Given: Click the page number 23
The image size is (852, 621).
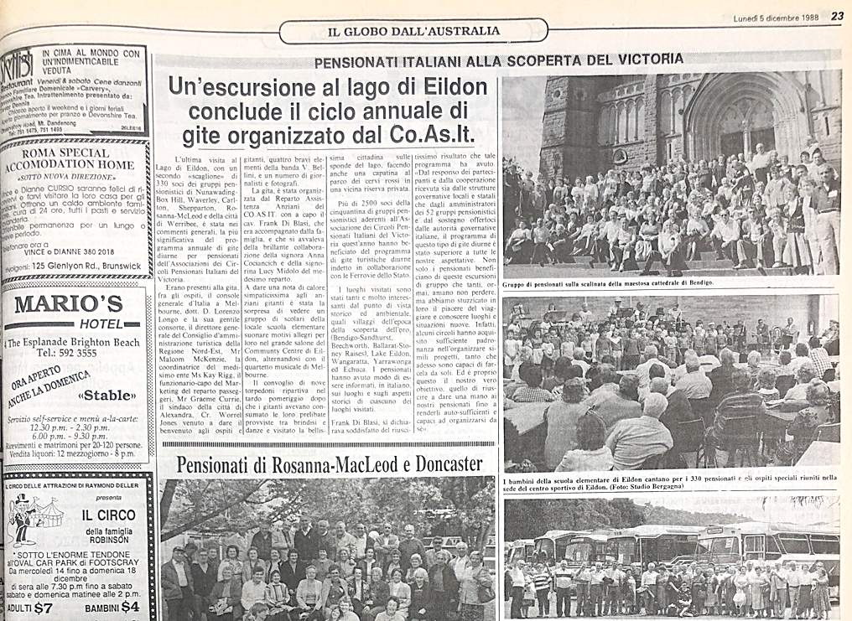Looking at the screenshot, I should [x=837, y=15].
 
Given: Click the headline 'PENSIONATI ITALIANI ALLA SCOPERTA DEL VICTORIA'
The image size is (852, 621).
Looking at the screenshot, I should [x=499, y=60].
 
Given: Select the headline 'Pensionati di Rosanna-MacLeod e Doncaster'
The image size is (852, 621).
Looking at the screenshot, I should [x=330, y=464].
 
